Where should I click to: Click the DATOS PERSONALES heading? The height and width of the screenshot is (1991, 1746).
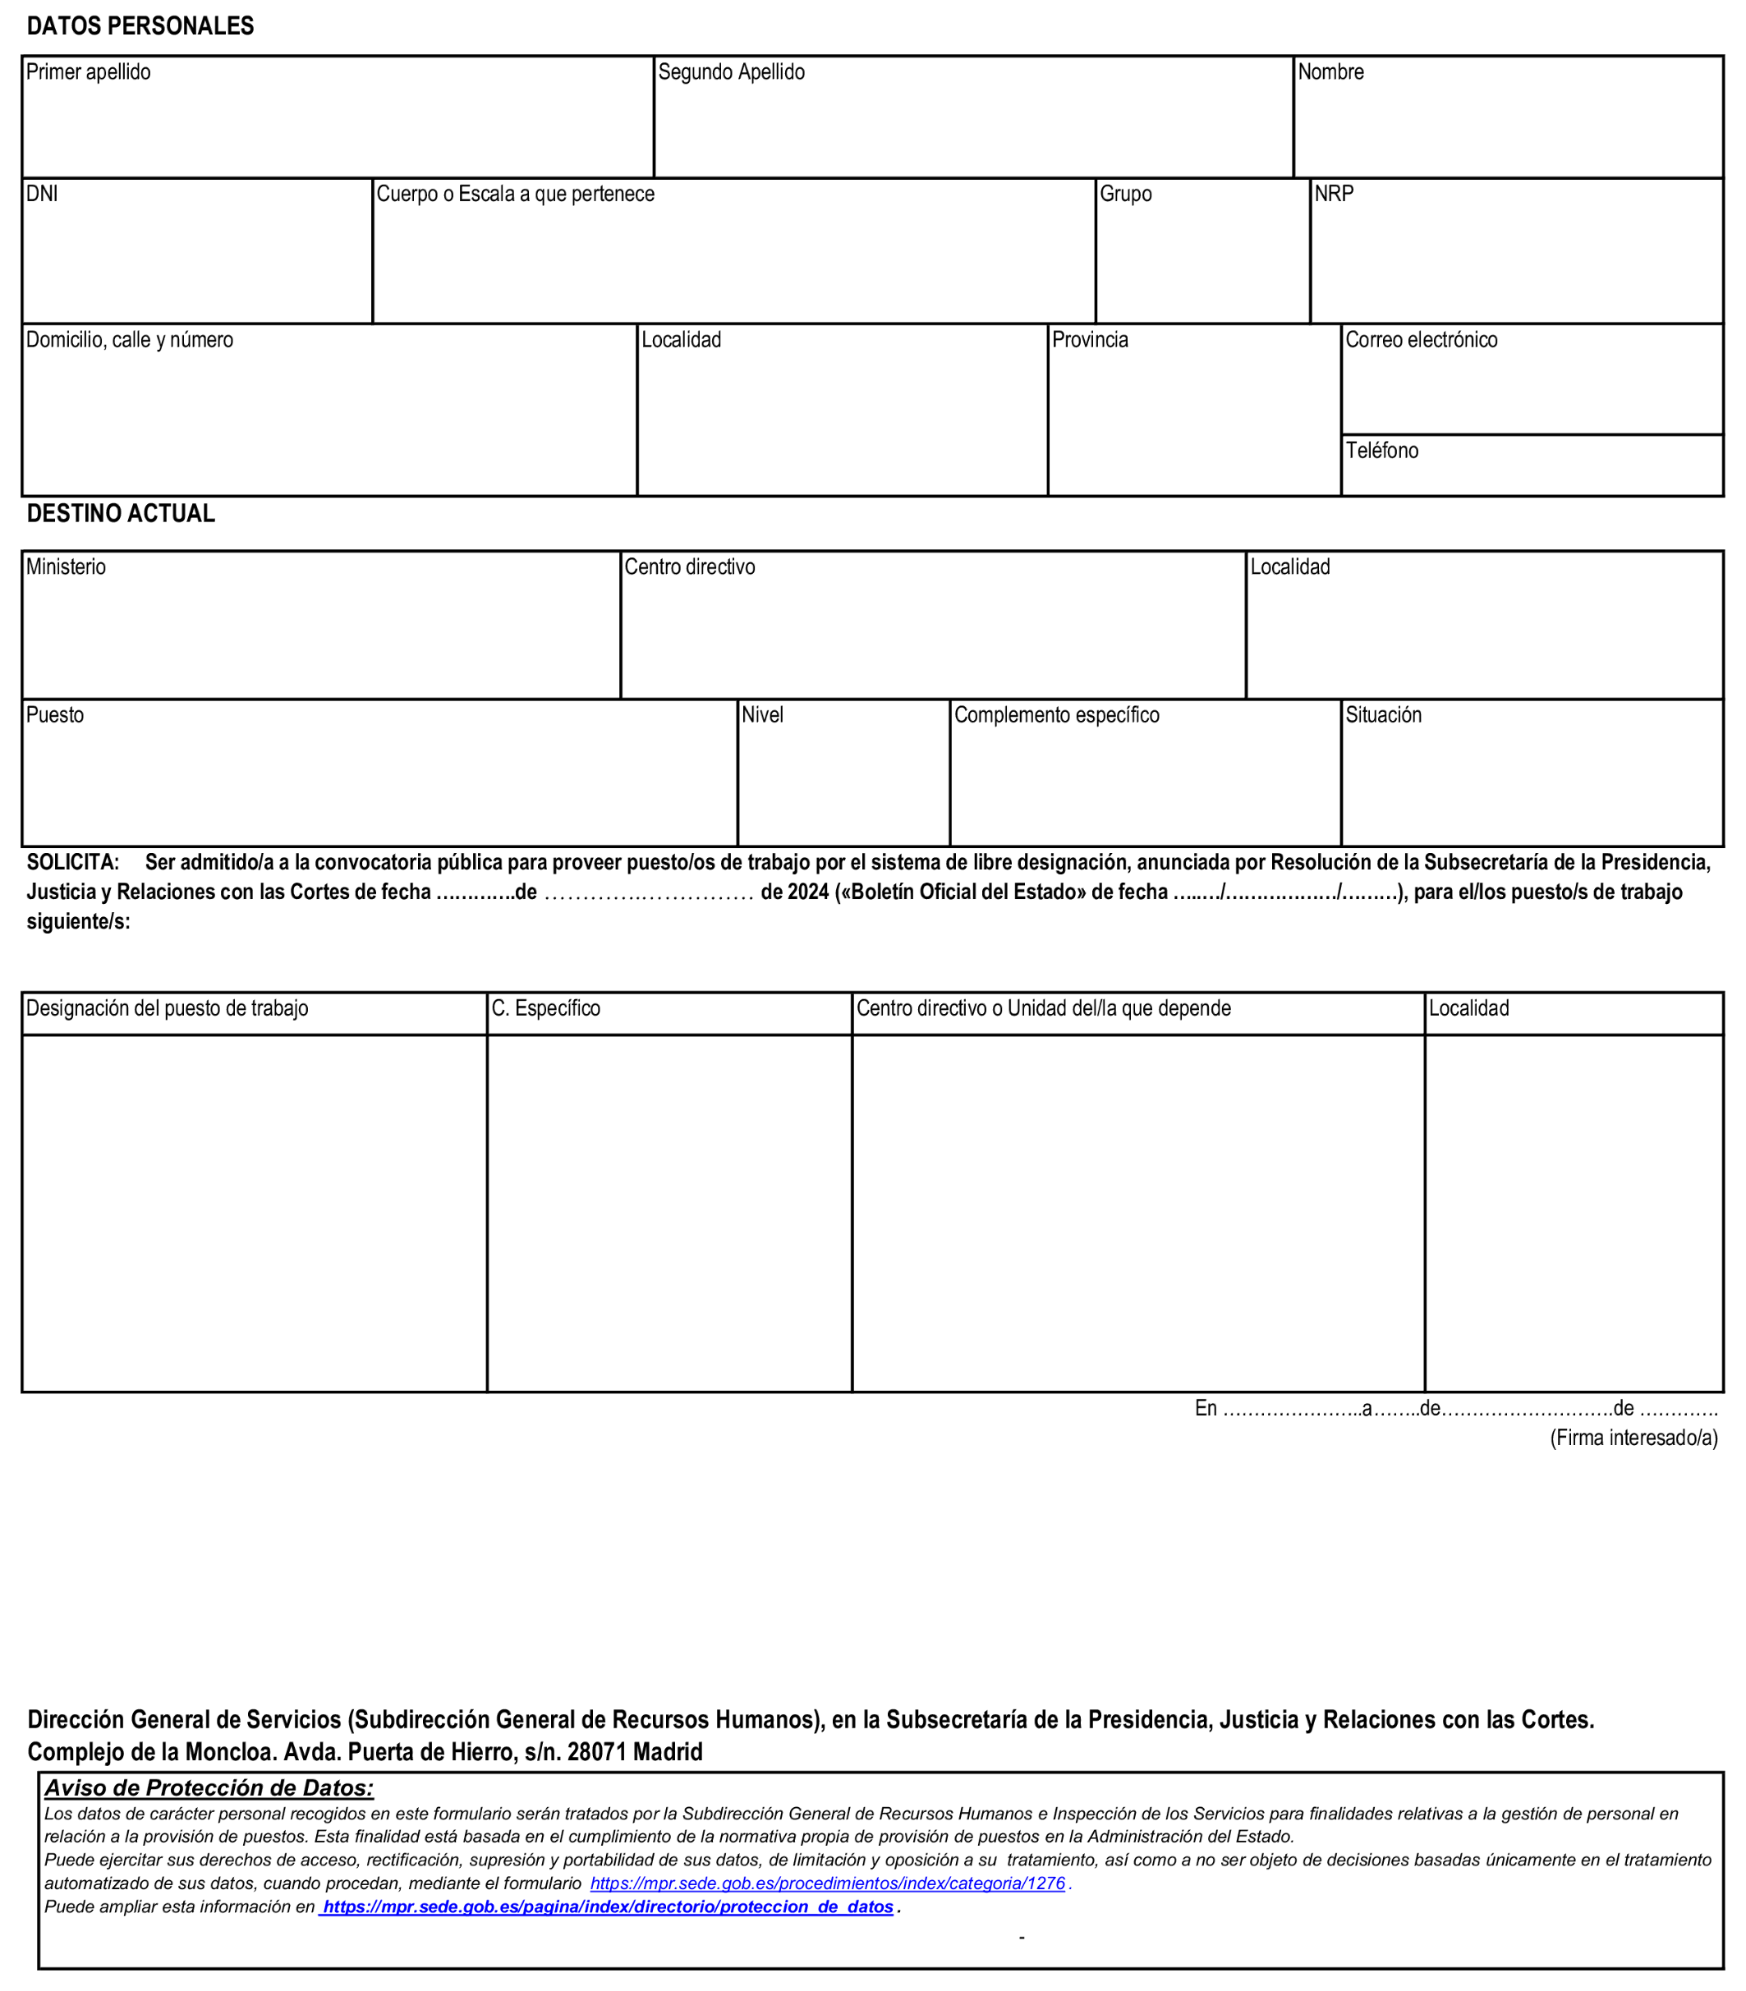coord(140,26)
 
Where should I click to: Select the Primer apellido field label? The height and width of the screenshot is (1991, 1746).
coord(89,72)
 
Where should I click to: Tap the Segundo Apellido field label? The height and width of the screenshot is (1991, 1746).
coord(732,72)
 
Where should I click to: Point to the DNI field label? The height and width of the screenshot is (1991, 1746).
coord(42,194)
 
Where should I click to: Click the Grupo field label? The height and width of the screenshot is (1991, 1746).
coord(1125,194)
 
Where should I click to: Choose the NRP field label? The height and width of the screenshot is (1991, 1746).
coord(1334,194)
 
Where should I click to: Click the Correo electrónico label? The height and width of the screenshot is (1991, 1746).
coord(1422,340)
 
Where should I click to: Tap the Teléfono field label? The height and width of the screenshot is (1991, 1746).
coord(1381,451)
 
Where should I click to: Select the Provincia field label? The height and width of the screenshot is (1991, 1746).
coord(1091,340)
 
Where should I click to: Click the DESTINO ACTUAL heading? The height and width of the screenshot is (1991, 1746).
coord(121,513)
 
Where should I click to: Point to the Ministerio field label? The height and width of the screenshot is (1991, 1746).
coord(67,567)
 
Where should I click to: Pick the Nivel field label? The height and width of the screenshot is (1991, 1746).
coord(763,715)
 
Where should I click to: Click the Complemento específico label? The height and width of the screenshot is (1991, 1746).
coord(1057,715)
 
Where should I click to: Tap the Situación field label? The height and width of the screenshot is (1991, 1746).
coord(1384,715)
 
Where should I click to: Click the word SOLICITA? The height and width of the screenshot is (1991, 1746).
coord(73,862)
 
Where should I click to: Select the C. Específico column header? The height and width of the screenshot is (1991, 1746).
coord(545,1008)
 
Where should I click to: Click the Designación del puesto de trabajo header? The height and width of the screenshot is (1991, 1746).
coord(168,1008)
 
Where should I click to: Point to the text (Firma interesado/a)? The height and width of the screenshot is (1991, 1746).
coord(1634,1438)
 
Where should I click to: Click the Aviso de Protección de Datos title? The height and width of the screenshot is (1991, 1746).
coord(209,1787)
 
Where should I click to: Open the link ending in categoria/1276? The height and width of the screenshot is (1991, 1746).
coord(827,1883)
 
